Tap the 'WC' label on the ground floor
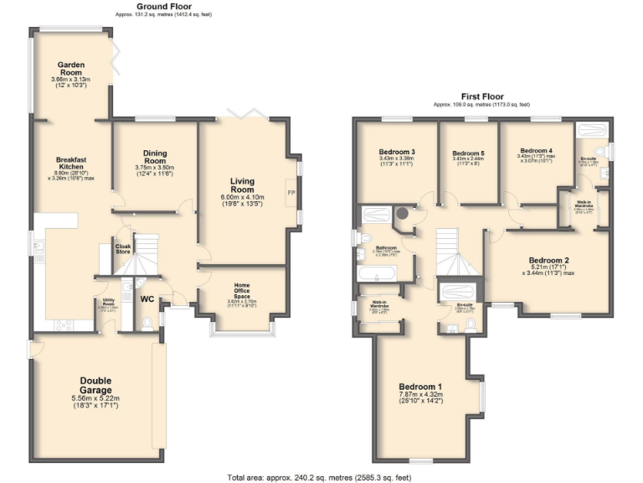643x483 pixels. (146, 299)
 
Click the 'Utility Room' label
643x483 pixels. (108, 301)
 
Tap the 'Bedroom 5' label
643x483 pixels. (469, 153)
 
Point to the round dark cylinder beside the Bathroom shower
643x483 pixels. (404, 213)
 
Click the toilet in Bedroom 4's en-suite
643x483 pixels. (605, 173)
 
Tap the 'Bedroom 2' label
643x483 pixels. (549, 259)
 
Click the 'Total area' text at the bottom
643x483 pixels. (321, 477)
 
